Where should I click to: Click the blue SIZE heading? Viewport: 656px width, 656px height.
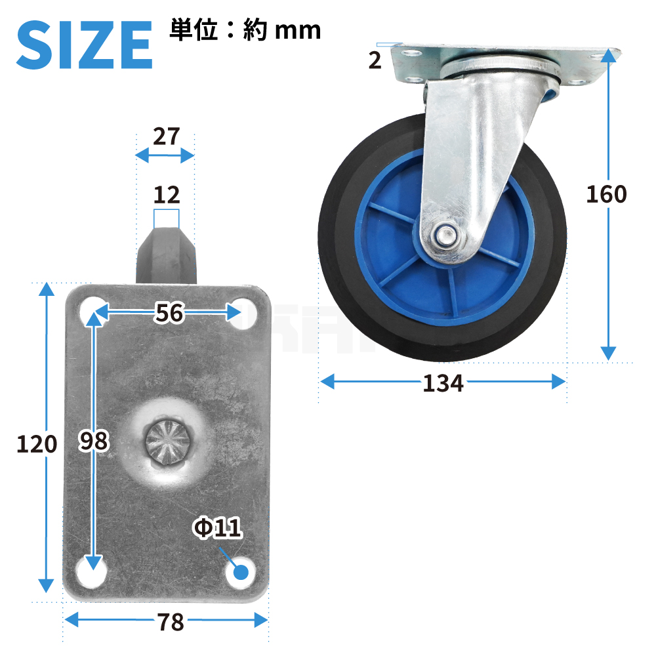84,45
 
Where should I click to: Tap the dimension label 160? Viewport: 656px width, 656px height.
606,195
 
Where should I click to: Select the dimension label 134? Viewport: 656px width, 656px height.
443,383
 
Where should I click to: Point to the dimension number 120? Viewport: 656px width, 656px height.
37,444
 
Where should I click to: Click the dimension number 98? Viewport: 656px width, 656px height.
94,441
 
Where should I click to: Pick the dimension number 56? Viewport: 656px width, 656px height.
169,312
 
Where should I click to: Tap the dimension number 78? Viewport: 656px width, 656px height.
171,622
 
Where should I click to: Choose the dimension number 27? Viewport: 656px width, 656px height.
166,136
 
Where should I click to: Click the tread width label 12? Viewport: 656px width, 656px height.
167,195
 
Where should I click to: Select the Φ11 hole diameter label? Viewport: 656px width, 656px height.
217,527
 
